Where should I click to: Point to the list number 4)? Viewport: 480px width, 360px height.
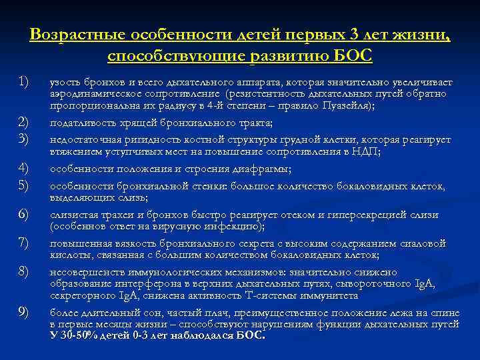[23, 167]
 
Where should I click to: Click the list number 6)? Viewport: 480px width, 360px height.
[23, 214]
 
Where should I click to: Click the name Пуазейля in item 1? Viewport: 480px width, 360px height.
[348, 106]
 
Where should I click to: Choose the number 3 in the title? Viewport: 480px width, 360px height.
[357, 34]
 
